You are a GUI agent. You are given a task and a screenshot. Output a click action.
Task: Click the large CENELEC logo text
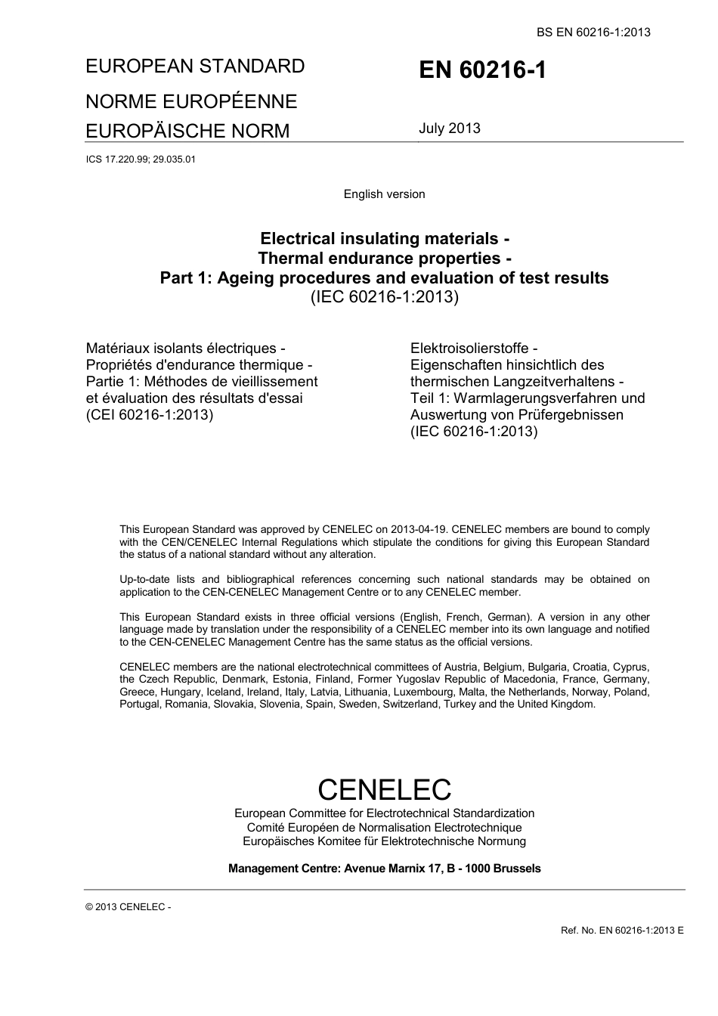384,789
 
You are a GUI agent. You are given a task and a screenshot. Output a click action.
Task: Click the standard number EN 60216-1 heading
481,70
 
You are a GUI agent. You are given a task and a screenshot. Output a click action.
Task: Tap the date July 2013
450,128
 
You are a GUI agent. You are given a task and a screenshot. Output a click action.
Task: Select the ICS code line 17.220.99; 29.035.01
141,160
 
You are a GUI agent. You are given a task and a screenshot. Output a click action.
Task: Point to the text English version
384,194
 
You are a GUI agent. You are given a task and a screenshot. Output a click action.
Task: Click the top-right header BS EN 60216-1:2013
593,32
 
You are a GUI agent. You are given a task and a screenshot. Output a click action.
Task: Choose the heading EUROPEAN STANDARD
195,66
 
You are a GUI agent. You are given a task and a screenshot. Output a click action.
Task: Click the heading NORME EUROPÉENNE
191,101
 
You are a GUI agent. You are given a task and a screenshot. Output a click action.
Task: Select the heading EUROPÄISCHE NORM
187,131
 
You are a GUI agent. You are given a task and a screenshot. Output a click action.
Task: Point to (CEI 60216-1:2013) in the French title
150,415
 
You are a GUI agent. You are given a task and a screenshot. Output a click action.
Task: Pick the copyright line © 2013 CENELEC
128,907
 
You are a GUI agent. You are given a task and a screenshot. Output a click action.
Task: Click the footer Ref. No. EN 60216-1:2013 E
622,930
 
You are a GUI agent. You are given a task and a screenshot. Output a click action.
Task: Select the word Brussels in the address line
517,869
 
